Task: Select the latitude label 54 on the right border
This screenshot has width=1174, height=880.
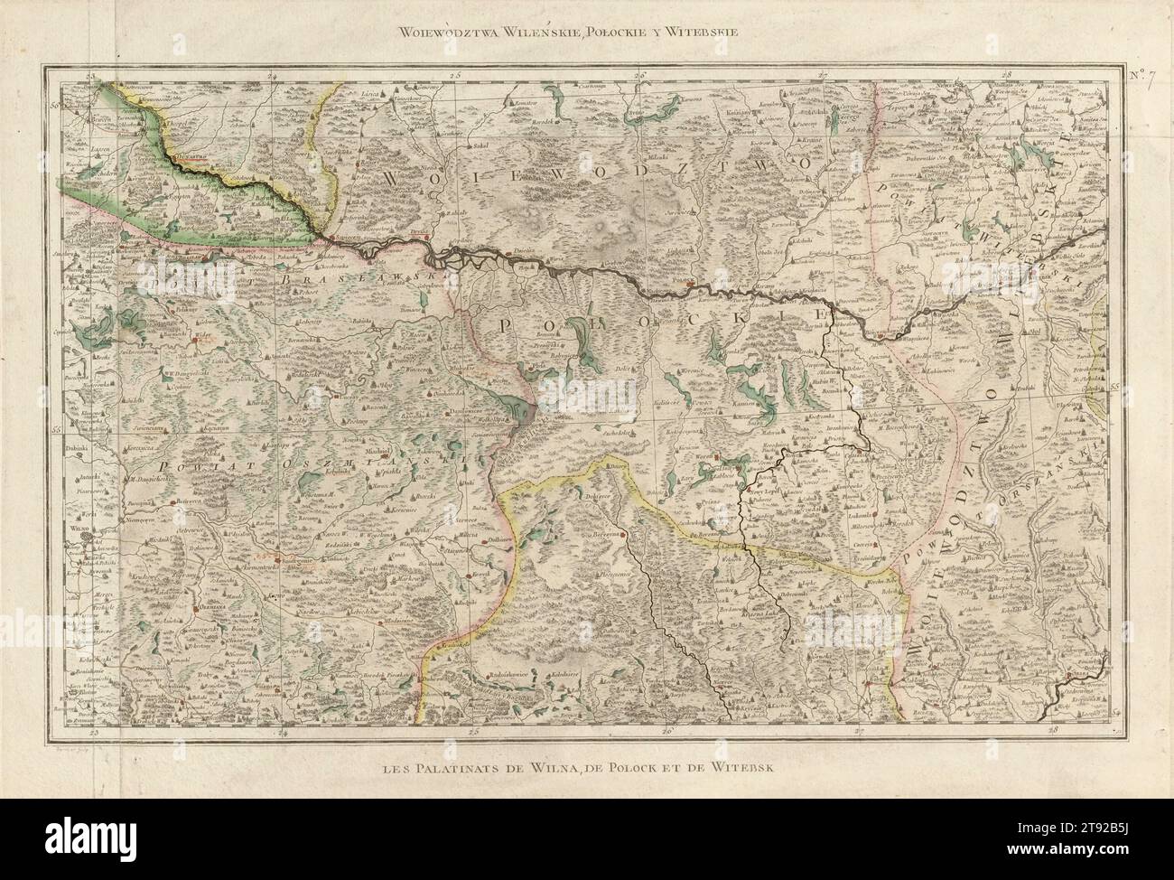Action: pos(1113,715)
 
